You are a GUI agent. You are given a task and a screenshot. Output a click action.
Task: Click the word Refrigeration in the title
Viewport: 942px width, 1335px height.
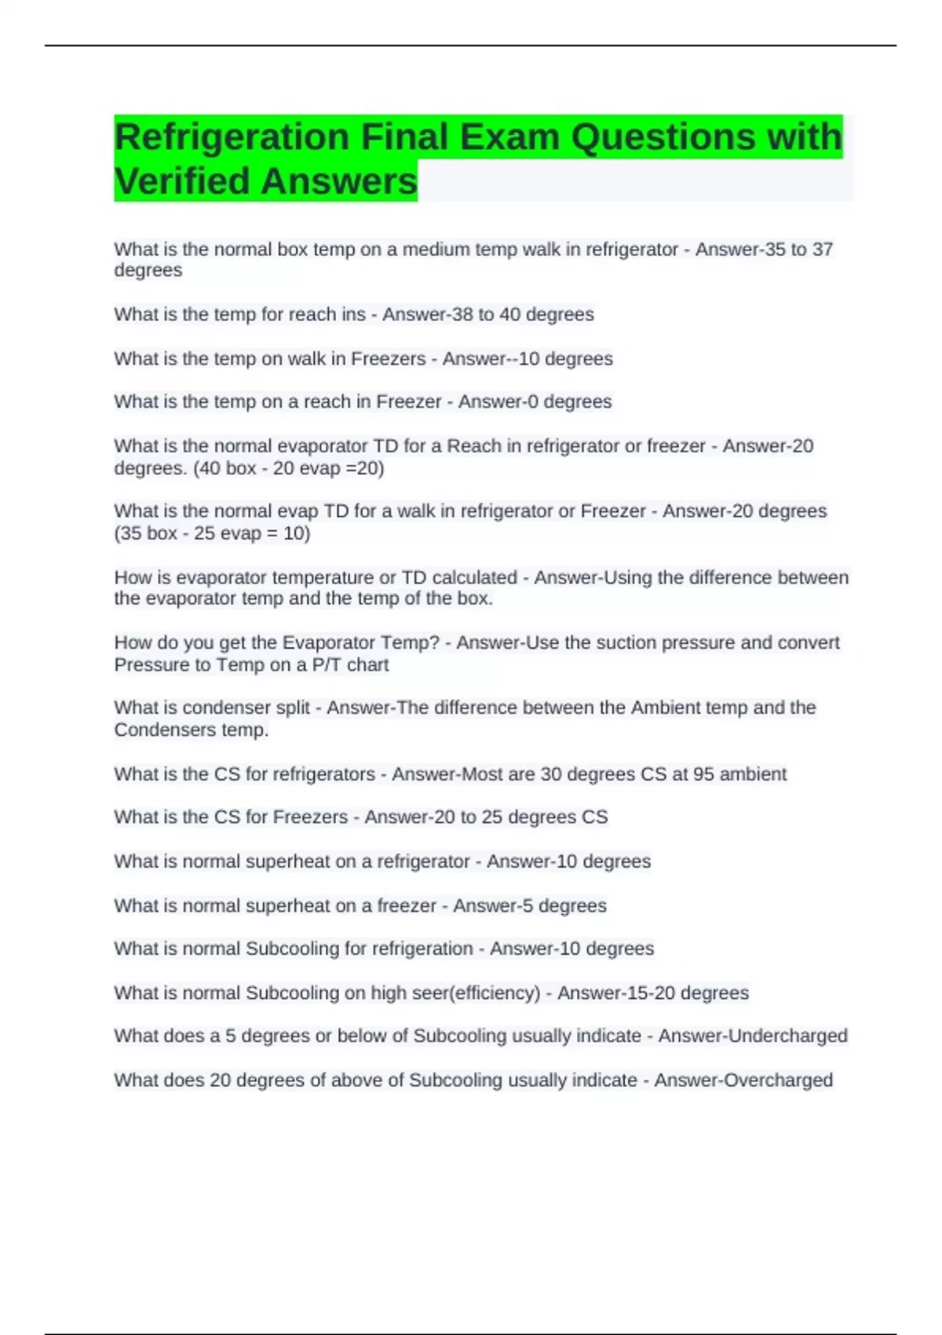(232, 137)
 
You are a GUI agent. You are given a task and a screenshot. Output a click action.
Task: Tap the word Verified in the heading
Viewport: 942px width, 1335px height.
(181, 181)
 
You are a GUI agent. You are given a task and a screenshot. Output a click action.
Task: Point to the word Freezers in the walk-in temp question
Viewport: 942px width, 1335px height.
(388, 359)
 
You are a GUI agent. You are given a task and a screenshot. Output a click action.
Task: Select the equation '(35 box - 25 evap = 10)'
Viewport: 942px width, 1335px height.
(212, 534)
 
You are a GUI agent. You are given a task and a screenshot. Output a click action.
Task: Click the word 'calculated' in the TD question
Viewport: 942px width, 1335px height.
(474, 578)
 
